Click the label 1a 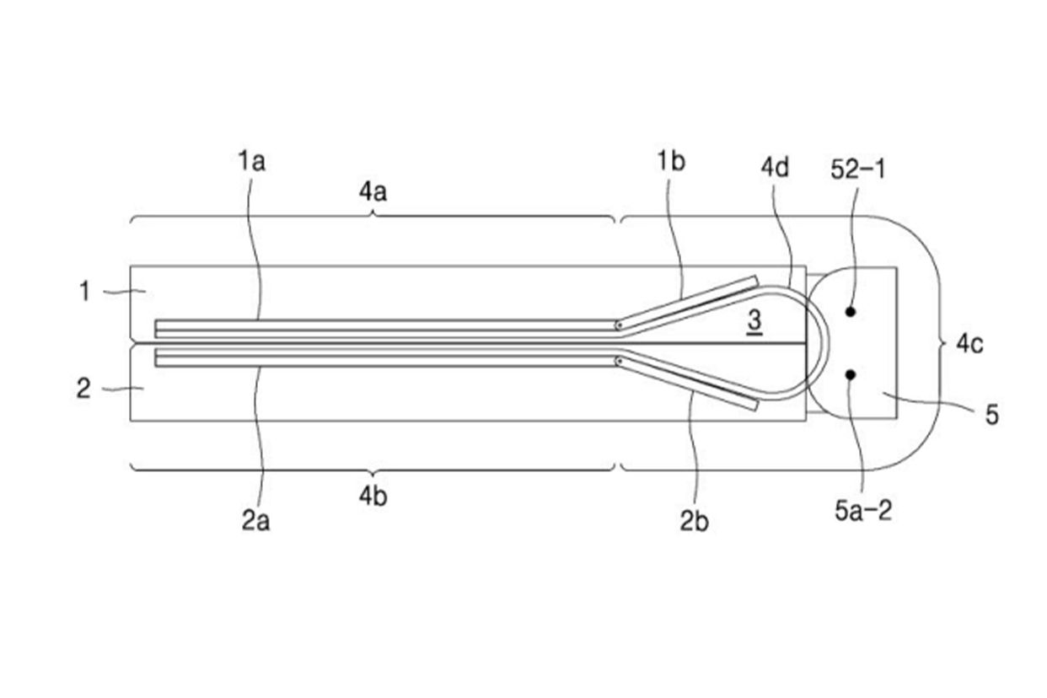point(251,160)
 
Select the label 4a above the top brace point(373,192)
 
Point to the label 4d point(775,166)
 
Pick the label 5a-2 point(862,511)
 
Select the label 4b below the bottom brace point(373,496)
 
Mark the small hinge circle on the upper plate point(620,325)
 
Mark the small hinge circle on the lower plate point(620,361)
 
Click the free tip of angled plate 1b point(755,280)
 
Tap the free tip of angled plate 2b point(755,405)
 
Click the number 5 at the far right point(991,415)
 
